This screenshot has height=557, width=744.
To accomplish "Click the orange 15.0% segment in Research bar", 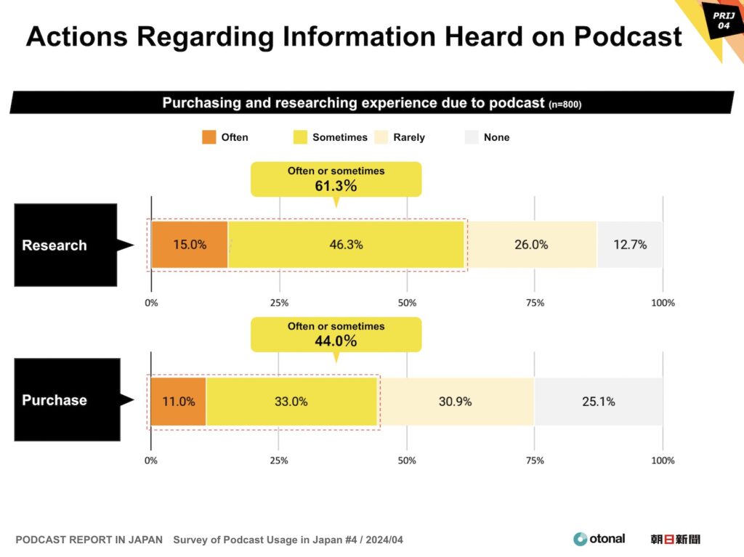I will (x=190, y=245).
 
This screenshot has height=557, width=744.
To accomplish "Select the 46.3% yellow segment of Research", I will (x=346, y=245).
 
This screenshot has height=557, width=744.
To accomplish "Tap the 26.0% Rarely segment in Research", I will (x=531, y=245).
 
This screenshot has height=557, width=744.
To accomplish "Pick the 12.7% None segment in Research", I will (x=630, y=245).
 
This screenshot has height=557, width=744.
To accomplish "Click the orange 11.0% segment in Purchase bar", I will (x=178, y=401).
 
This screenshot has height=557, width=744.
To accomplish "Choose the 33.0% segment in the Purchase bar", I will (x=291, y=401).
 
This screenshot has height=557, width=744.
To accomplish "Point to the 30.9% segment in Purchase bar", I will (x=456, y=401).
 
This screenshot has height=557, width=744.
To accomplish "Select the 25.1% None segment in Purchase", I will (x=598, y=401).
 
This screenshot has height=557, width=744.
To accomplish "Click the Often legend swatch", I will (x=209, y=137).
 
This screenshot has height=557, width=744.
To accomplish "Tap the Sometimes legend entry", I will (x=331, y=137).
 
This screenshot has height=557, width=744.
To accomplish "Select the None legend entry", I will (x=488, y=137).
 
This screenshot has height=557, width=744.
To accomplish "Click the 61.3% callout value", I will (x=336, y=186).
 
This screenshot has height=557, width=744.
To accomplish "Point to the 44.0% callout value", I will (x=336, y=341).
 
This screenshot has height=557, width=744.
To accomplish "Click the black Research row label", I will (x=65, y=245).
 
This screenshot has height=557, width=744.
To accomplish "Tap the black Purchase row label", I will (x=65, y=400).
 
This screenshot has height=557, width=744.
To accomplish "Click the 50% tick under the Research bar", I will (x=407, y=303).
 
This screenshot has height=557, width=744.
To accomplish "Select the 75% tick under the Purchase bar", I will (x=535, y=460).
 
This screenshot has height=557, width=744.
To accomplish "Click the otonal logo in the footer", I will (x=599, y=539).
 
